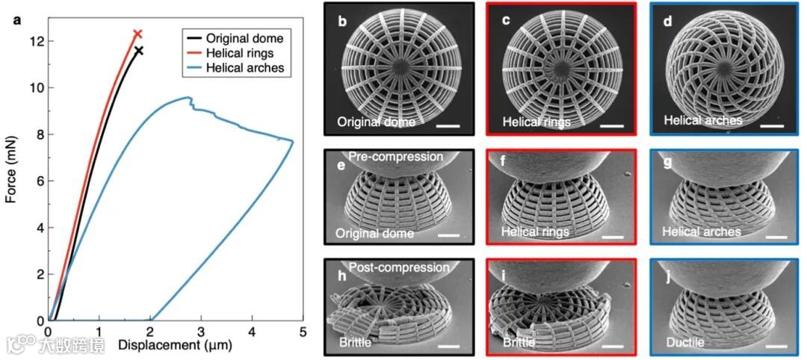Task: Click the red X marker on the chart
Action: (137, 34)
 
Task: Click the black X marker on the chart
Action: (139, 51)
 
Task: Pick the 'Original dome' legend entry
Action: (244, 38)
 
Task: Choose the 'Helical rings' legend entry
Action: (241, 53)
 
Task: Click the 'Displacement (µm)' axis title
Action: (174, 346)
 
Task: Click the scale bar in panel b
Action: (447, 126)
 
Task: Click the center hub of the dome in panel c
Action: (561, 68)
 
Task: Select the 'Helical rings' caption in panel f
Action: (535, 232)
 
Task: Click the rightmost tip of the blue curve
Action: (292, 141)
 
